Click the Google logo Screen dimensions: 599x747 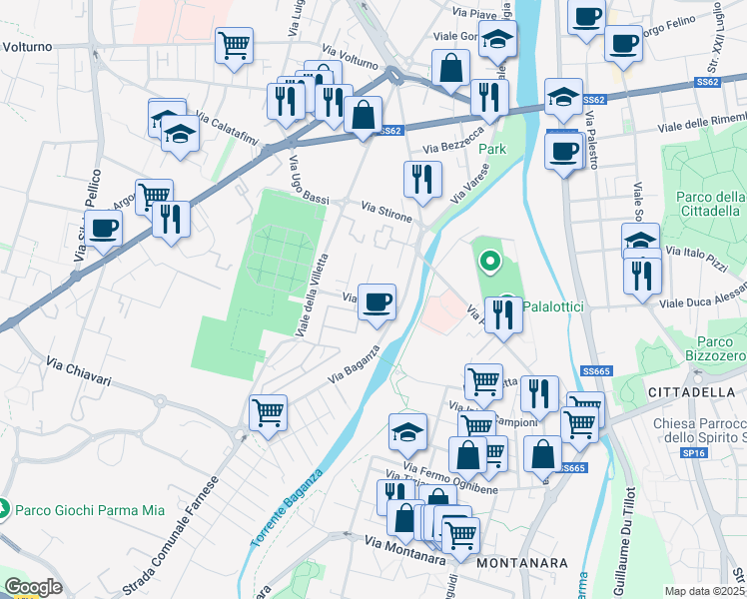tap(33, 587)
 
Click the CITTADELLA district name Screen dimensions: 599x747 tap(693, 391)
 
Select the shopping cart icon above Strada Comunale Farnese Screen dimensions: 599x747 tap(268, 410)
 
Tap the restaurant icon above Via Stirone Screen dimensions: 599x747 tap(422, 178)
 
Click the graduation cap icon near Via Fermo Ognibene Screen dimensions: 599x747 tap(407, 431)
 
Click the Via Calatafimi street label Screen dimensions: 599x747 tap(226, 131)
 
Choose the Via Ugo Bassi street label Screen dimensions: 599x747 tap(309, 181)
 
